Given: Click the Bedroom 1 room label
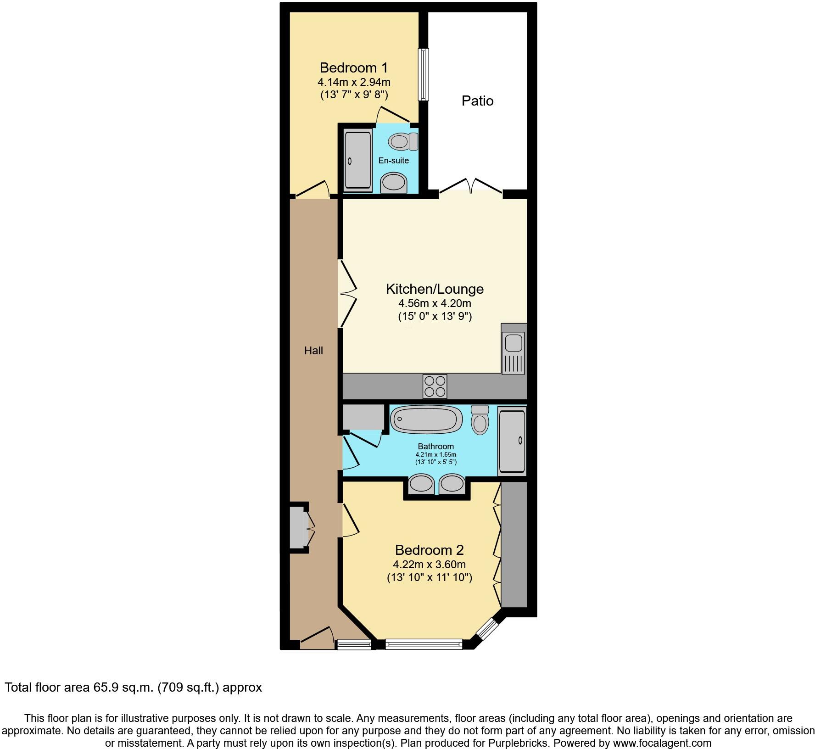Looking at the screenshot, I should tap(353, 68).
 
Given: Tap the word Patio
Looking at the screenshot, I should tap(477, 101).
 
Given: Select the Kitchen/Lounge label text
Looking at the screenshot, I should tap(434, 289).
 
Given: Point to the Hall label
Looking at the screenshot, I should tap(313, 351).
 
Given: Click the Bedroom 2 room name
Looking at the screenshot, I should tap(429, 550).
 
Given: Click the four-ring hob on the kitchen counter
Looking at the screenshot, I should tap(435, 386).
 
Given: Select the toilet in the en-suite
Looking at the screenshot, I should tap(403, 141).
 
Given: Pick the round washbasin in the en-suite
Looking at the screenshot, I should tap(394, 183).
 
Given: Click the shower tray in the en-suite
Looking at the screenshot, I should tap(357, 161).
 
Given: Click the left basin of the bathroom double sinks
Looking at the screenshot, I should tap(421, 484).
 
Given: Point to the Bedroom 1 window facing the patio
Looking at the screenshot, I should tap(424, 74).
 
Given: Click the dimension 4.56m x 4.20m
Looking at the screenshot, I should tap(434, 303).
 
